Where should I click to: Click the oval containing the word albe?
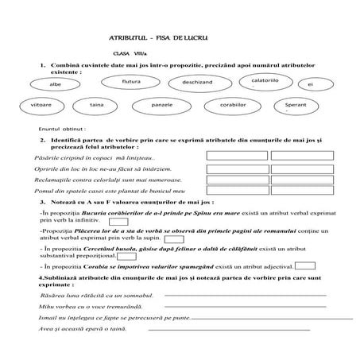pyautogui.click(x=54, y=83)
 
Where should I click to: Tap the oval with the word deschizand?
pyautogui.click(x=197, y=82)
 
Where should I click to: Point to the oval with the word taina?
pyautogui.click(x=97, y=105)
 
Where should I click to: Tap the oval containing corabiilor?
pyautogui.click(x=234, y=105)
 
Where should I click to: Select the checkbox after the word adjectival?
pyautogui.click(x=304, y=266)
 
